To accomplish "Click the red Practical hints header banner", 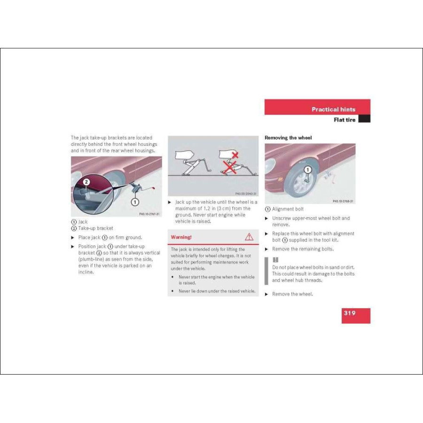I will [x=317, y=107].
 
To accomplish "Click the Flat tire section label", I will [x=345, y=119].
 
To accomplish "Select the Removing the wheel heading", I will [x=288, y=138].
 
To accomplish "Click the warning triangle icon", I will [x=249, y=237].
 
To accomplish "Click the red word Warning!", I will [x=181, y=237].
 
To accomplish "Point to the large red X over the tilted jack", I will [x=230, y=166].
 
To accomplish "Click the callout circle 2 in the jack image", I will [x=86, y=181].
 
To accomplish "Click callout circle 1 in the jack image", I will [x=135, y=202].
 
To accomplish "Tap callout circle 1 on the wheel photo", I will [x=307, y=169].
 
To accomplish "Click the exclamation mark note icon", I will [x=276, y=259].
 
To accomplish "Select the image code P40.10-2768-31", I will [x=343, y=201].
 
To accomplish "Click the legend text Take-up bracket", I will [x=95, y=228].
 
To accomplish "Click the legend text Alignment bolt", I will [x=288, y=209].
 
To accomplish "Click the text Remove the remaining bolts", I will [x=303, y=249].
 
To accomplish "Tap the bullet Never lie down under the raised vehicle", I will [x=217, y=291].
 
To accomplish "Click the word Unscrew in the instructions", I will [x=282, y=218].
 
